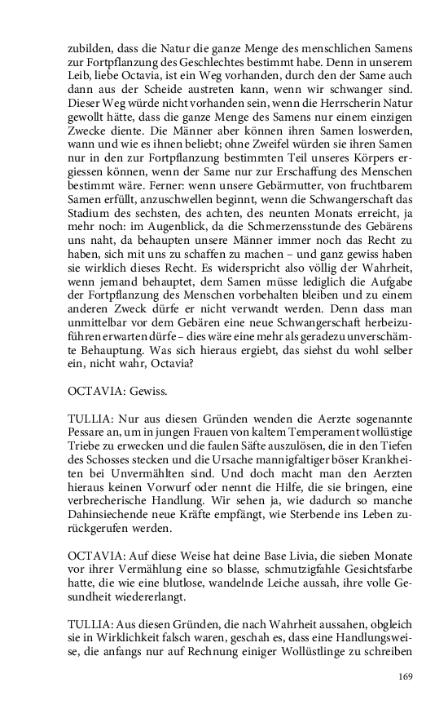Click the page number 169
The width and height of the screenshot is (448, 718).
406,676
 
